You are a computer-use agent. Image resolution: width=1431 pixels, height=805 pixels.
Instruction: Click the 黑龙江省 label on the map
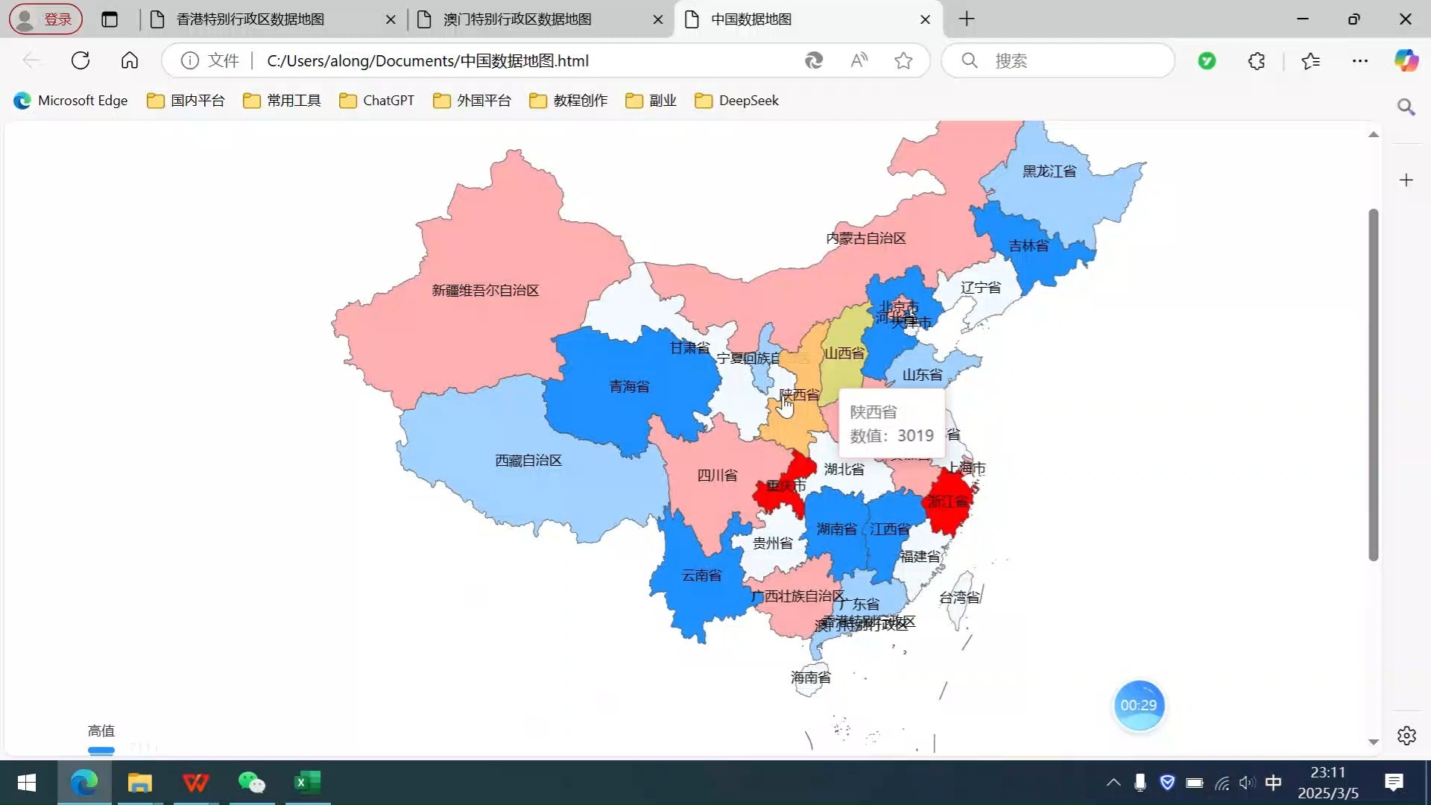(1049, 171)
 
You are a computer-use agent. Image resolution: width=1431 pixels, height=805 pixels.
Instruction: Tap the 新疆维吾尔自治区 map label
(485, 291)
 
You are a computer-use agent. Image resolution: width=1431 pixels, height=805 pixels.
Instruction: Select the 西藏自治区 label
(528, 461)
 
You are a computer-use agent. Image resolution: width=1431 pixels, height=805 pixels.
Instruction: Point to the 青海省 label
(629, 386)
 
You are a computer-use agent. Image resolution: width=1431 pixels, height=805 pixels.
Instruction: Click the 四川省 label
(717, 476)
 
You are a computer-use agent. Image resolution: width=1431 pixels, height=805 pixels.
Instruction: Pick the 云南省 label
(701, 575)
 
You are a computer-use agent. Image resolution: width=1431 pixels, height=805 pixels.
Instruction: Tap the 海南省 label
(810, 678)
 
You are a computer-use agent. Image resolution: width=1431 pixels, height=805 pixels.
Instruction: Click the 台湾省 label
(959, 598)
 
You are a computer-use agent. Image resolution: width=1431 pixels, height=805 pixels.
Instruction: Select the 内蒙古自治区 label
(865, 239)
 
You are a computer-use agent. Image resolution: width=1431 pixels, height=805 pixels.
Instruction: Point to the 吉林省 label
(1029, 246)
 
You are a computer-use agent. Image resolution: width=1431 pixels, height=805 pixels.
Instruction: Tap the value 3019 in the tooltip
(915, 436)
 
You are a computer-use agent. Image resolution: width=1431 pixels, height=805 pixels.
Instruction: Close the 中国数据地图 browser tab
(925, 19)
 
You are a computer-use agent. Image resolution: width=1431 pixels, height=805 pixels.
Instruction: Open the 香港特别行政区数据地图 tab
(250, 19)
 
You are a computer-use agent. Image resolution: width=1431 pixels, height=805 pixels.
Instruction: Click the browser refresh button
(80, 60)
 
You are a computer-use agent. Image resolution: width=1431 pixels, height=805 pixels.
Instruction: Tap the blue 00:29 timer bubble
(1138, 705)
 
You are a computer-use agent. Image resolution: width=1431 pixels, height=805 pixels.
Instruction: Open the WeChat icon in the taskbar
(251, 783)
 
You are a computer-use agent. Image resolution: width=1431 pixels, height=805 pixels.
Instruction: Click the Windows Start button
(27, 783)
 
